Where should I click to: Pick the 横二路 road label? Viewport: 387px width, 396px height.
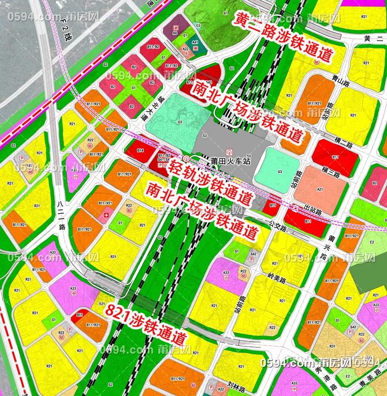click(x=345, y=143)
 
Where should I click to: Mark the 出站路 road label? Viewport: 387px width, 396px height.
click(x=312, y=209)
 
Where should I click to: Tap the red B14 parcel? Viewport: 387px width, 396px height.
click(x=140, y=149)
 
